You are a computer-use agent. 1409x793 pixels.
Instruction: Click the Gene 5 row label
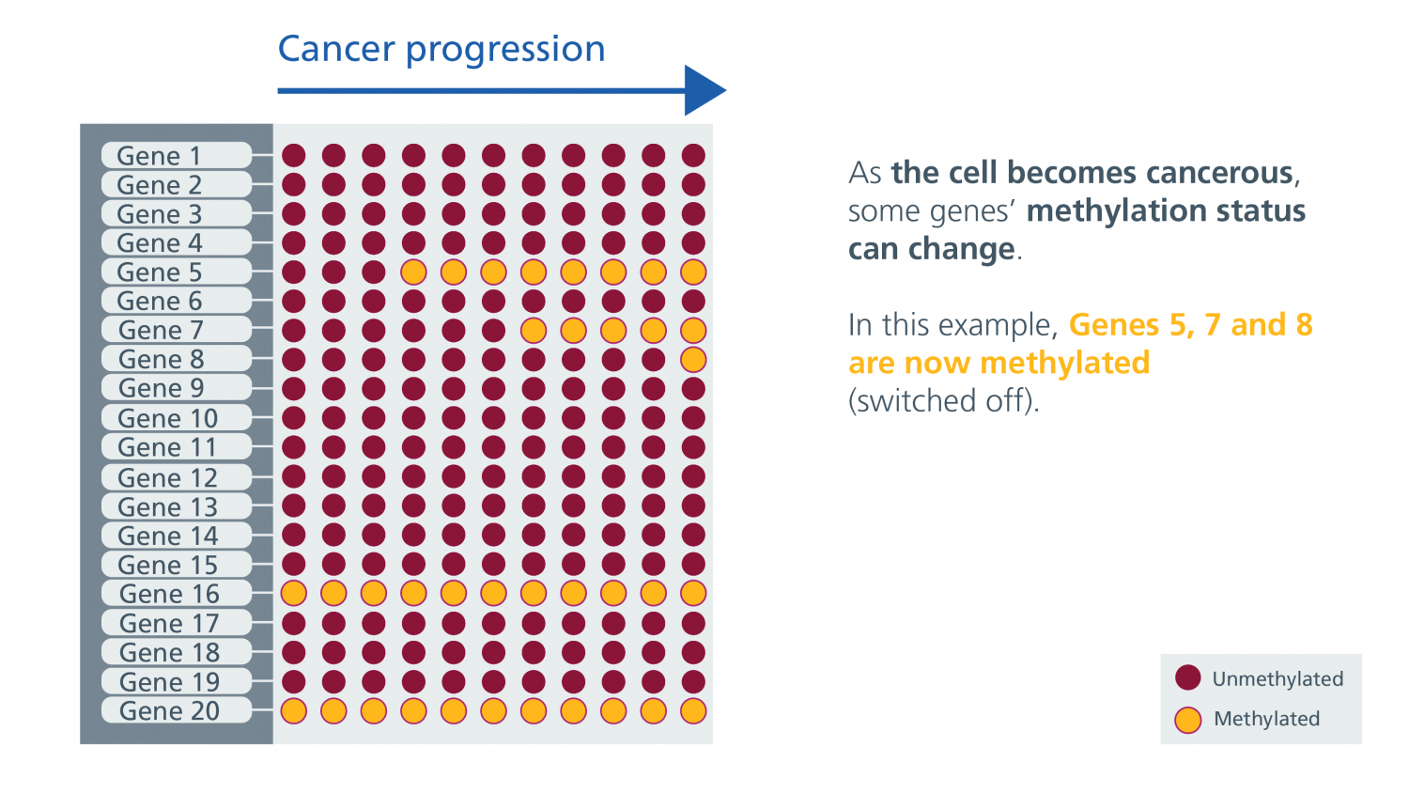tap(159, 272)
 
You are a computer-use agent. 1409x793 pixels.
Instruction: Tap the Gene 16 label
tap(169, 594)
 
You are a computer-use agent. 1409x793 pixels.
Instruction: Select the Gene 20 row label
tap(169, 710)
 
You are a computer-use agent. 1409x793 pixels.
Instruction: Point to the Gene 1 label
tap(159, 155)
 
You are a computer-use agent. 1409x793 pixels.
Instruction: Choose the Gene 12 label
tap(167, 477)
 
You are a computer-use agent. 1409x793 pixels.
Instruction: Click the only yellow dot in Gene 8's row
tap(693, 359)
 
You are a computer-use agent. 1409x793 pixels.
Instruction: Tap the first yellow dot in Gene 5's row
tap(413, 272)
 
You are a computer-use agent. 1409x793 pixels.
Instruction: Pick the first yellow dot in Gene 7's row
tap(534, 330)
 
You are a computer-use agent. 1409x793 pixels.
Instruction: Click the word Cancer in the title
tap(336, 49)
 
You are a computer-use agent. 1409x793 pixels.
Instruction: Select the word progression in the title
tap(505, 51)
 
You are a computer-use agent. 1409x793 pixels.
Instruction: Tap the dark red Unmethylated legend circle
tap(1187, 677)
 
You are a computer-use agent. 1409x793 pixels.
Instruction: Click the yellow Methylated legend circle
tap(1187, 720)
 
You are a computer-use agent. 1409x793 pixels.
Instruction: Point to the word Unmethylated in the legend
tap(1277, 678)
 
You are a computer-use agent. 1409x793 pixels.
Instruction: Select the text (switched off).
tap(943, 400)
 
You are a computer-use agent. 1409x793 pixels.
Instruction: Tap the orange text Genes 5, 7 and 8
tap(1191, 325)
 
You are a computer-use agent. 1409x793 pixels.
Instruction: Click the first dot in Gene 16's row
tap(294, 593)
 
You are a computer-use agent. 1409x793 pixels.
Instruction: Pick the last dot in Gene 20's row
tap(693, 710)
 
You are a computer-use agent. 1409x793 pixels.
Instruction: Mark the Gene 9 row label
tap(161, 388)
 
